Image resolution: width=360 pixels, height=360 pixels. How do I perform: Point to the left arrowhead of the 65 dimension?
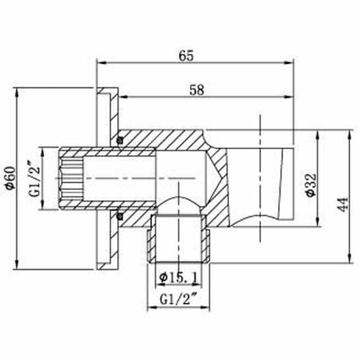click(99, 62)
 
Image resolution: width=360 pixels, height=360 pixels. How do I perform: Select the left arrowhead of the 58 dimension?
click(122, 96)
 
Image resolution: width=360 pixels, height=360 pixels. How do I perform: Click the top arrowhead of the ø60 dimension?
click(16, 91)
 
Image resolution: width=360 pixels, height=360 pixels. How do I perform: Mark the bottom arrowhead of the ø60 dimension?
click(16, 267)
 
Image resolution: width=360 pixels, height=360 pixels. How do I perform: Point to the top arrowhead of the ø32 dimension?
click(318, 133)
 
